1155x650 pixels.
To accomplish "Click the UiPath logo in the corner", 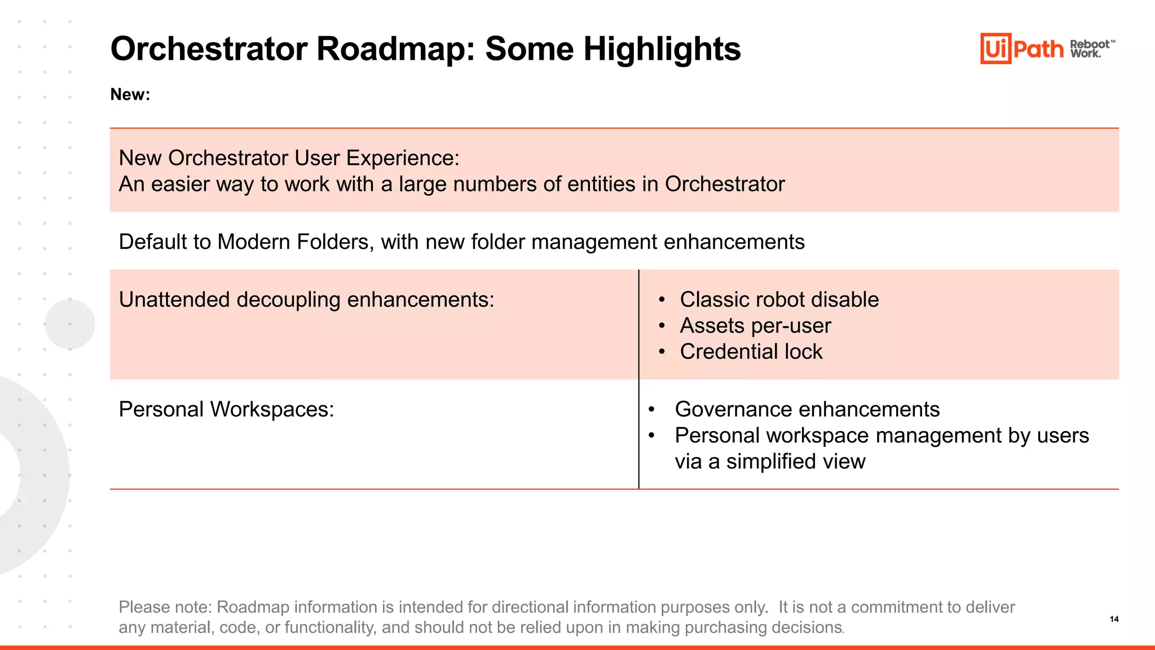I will point(1021,49).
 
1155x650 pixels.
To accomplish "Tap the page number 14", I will point(1114,619).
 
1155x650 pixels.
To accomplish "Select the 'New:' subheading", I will point(130,94).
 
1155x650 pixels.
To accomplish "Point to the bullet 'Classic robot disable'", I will point(779,300).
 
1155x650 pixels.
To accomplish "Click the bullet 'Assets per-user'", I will point(755,326).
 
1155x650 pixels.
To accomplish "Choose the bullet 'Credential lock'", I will point(751,352).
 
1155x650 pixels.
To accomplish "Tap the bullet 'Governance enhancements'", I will point(807,409).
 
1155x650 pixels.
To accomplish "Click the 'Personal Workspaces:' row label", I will point(226,409).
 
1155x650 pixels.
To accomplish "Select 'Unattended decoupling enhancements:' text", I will point(306,300).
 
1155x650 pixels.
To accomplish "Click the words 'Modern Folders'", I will point(293,242).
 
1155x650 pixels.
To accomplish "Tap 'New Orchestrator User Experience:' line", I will point(289,158).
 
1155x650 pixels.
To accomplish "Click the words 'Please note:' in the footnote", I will point(165,607).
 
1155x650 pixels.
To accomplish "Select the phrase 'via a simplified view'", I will point(770,462).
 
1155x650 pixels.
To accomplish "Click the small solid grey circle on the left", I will point(70,324).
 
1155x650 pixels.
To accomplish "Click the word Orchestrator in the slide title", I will point(209,49).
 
